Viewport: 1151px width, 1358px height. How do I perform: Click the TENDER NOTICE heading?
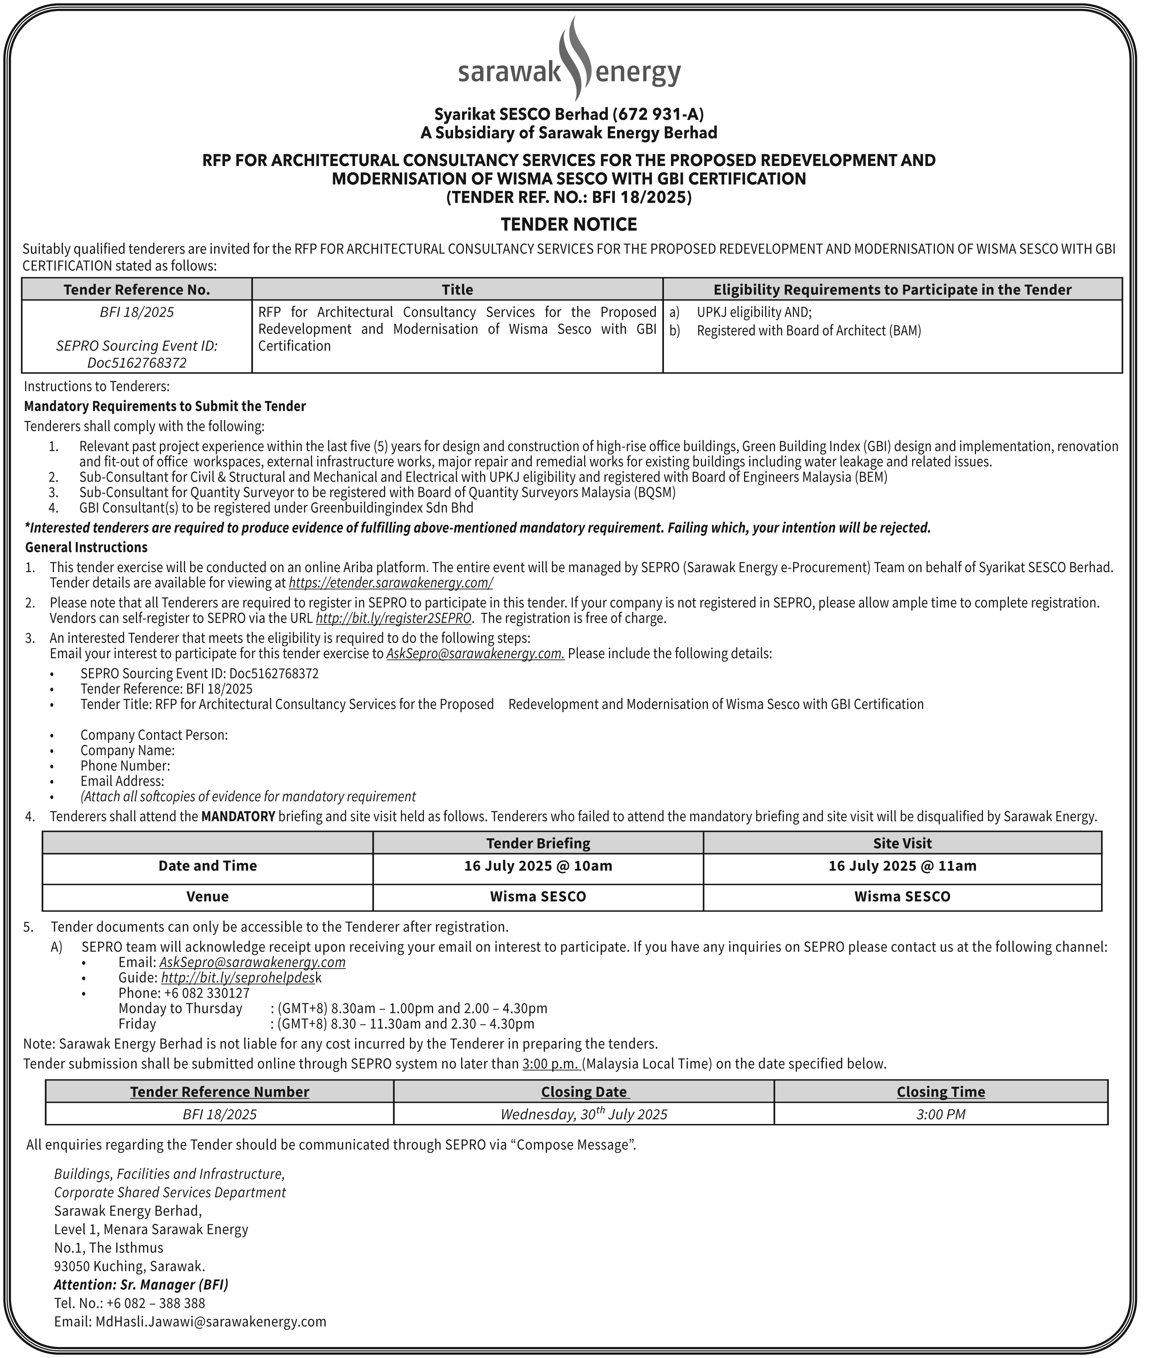coord(568,224)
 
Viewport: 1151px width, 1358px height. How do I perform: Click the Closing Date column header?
coord(583,1091)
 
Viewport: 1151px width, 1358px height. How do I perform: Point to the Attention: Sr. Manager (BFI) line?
coord(141,1284)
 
